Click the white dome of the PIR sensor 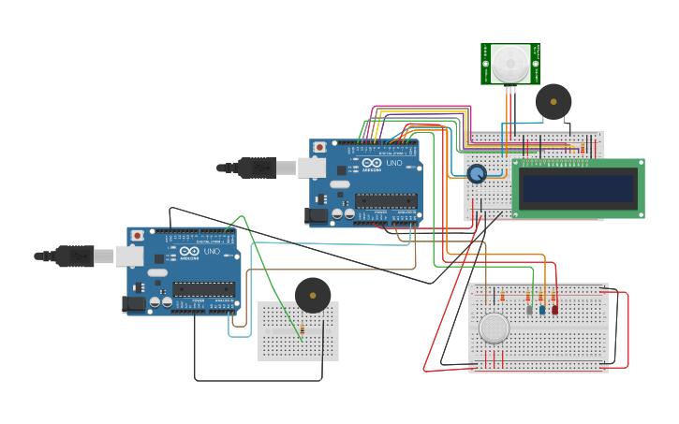click(x=510, y=64)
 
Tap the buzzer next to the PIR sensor click(x=553, y=101)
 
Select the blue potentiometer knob click(x=477, y=173)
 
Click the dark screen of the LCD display click(x=578, y=188)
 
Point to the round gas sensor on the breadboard click(x=494, y=328)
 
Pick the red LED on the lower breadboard click(x=554, y=309)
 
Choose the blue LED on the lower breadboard click(x=541, y=309)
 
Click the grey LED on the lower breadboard click(x=529, y=309)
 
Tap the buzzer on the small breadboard click(x=313, y=295)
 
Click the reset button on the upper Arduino click(x=320, y=147)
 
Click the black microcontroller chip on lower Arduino click(x=203, y=288)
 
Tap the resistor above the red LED click(x=554, y=296)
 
